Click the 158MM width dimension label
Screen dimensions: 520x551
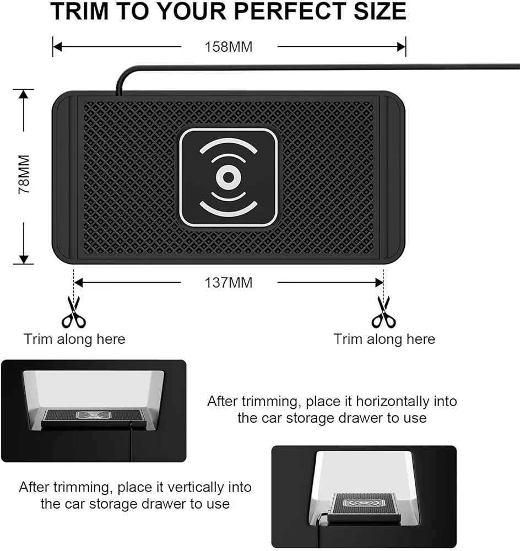pyautogui.click(x=229, y=47)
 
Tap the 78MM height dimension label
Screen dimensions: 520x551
pyautogui.click(x=24, y=174)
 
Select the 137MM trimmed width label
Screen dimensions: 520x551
pyautogui.click(x=229, y=283)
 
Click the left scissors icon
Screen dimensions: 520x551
pyautogui.click(x=74, y=312)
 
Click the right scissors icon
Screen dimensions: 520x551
pyautogui.click(x=384, y=312)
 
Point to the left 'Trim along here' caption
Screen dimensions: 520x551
pyautogui.click(x=74, y=339)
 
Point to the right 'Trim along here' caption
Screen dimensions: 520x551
pyautogui.click(x=384, y=339)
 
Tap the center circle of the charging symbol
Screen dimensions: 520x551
pyautogui.click(x=229, y=177)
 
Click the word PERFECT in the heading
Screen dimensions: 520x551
pyautogui.click(x=290, y=11)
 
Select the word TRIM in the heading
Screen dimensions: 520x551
pyautogui.click(x=79, y=11)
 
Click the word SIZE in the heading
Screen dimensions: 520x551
pyautogui.click(x=380, y=11)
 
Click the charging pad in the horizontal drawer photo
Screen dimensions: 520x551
pyautogui.click(x=94, y=418)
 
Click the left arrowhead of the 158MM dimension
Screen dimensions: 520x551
pyautogui.click(x=58, y=47)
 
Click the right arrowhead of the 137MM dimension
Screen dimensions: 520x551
pyautogui.click(x=379, y=283)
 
